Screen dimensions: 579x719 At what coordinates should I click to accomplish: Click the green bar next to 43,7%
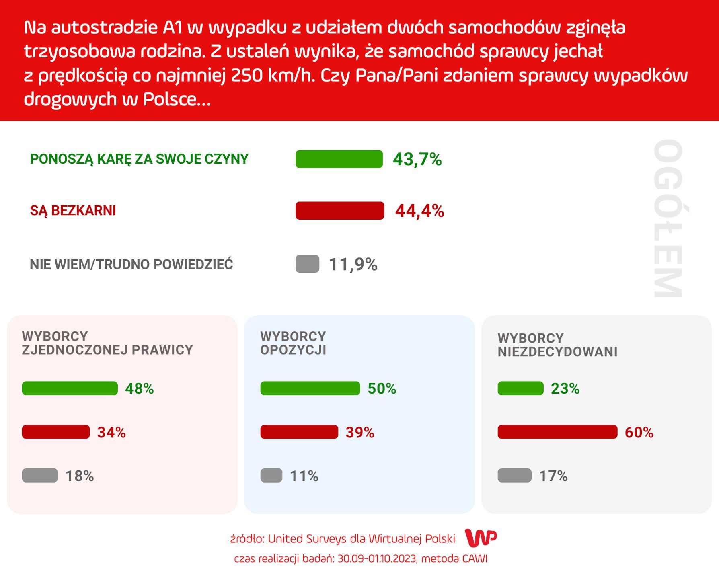pos(339,159)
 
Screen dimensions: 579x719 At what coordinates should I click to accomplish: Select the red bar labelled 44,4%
pos(340,211)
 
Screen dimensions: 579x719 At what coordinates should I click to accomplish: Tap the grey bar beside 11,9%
pos(307,264)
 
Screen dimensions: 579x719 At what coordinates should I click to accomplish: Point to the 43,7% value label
pos(417,160)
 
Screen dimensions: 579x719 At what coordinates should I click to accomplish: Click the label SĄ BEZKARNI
pos(73,211)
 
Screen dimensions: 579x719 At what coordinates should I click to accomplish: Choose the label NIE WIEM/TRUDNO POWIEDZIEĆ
pos(131,265)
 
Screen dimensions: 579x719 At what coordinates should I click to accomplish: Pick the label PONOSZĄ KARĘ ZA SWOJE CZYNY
pos(139,159)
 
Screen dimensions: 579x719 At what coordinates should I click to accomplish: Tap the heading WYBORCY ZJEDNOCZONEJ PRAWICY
pos(107,343)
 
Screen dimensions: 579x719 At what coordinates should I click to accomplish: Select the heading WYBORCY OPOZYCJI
pos(293,343)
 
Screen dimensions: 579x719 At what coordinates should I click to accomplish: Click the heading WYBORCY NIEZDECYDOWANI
pos(557,345)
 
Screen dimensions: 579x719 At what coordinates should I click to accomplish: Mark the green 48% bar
pos(70,388)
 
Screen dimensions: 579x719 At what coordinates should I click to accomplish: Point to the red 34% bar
pos(56,432)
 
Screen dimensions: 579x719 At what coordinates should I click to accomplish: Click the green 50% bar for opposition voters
pos(310,388)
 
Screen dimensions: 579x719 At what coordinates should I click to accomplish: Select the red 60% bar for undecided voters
pos(557,432)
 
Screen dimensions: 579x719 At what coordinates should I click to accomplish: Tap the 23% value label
pos(565,389)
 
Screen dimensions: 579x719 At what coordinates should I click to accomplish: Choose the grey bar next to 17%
pos(514,476)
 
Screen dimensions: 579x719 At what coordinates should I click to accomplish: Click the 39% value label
pos(360,433)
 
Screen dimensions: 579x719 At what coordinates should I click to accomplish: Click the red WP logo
pos(481,538)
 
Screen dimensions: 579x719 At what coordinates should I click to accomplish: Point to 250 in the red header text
pos(245,76)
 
